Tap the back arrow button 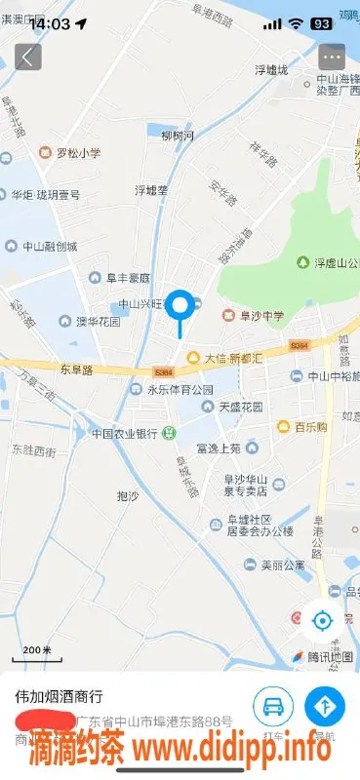[x=26, y=56]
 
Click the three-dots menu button [x=333, y=56]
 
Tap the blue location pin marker [x=180, y=308]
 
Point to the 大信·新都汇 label [x=232, y=358]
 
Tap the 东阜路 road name [x=75, y=370]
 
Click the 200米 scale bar [x=37, y=651]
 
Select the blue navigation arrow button [x=325, y=705]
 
